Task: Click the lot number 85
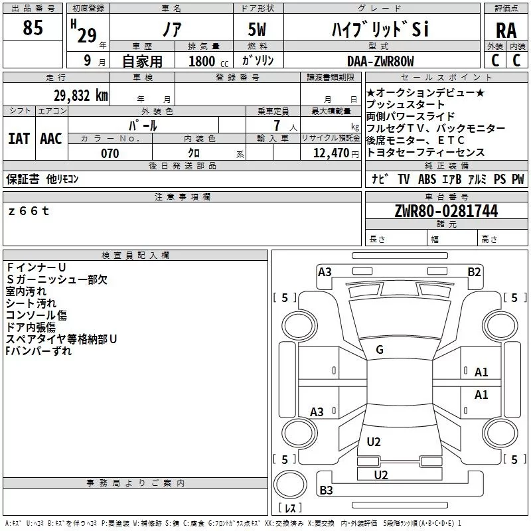click(33, 28)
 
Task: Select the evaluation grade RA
click(506, 30)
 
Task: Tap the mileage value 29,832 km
click(80, 96)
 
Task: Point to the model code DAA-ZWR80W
click(380, 61)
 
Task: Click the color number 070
click(110, 153)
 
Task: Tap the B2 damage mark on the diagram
click(474, 271)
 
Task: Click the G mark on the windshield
click(380, 350)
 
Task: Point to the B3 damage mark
click(326, 491)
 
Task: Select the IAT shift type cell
click(19, 138)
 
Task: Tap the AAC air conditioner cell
click(51, 138)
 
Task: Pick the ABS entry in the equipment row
click(427, 179)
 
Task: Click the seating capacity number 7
click(273, 125)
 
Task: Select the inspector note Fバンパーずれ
click(38, 351)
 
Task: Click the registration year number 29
click(86, 35)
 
